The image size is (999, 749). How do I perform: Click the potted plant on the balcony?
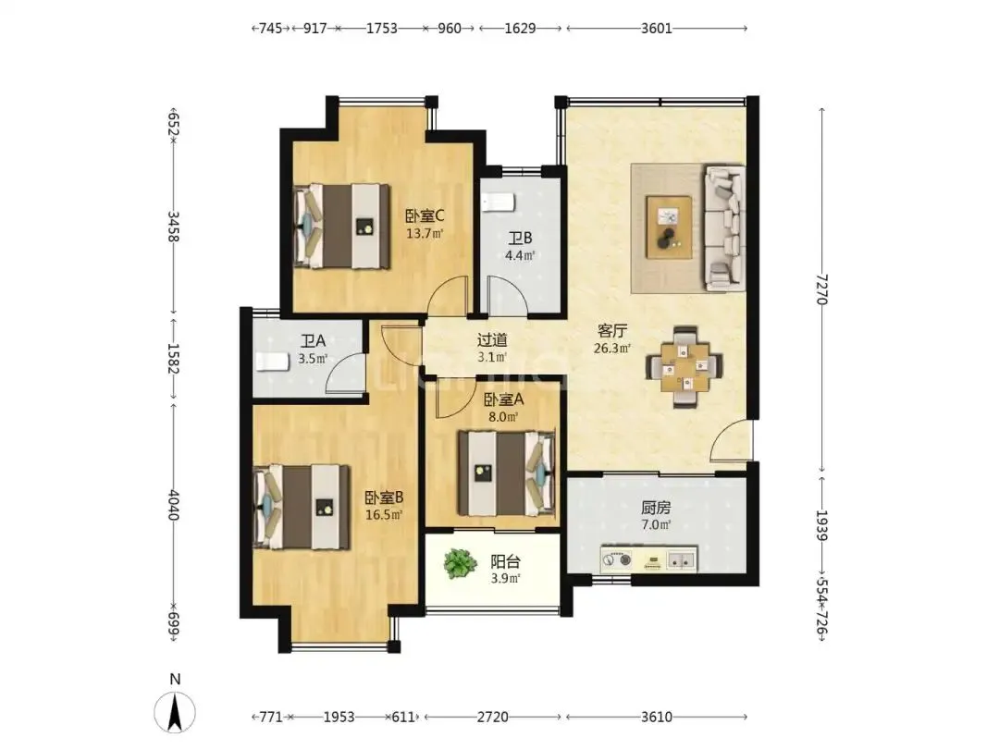pos(460,564)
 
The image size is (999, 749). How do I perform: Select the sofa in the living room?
pos(724,228)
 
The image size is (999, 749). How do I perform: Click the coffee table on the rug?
pos(669,227)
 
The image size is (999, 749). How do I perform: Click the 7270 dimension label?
pos(822,289)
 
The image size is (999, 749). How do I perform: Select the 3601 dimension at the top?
pos(656,28)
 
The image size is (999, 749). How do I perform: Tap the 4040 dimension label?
pos(173,505)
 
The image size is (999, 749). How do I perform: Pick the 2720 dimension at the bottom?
pos(492,718)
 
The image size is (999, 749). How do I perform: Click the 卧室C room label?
pos(425,215)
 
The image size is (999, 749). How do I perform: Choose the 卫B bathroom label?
pos(520,239)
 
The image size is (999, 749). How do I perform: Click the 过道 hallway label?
pos(492,340)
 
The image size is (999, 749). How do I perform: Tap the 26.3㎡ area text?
pos(612,349)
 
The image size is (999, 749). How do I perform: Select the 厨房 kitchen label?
pos(656,509)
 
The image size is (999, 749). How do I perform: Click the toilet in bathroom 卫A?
pos(272,362)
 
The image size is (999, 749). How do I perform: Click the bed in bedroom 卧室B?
pos(302,507)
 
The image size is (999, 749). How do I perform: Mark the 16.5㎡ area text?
pos(384,515)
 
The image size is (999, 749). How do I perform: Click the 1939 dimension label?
pos(822,525)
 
